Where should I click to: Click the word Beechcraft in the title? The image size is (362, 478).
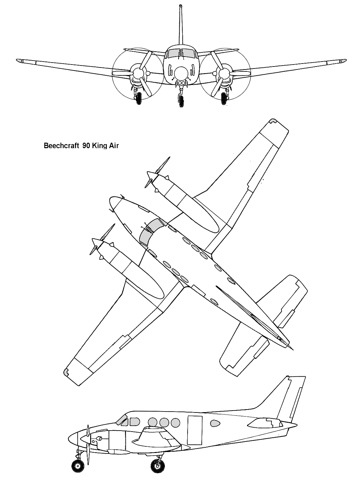pos(62,146)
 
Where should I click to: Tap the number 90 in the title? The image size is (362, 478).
pos(86,146)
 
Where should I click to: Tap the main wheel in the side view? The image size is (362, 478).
pos(157,465)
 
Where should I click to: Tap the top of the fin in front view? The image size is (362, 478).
pos(180,6)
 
